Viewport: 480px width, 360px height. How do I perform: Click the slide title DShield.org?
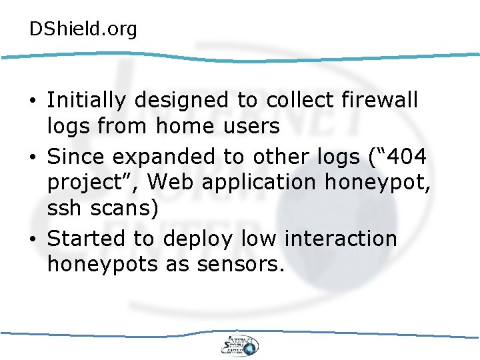pyautogui.click(x=83, y=29)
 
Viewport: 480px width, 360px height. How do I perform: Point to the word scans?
pyautogui.click(x=125, y=209)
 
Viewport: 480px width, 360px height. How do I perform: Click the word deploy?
pyautogui.click(x=199, y=239)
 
